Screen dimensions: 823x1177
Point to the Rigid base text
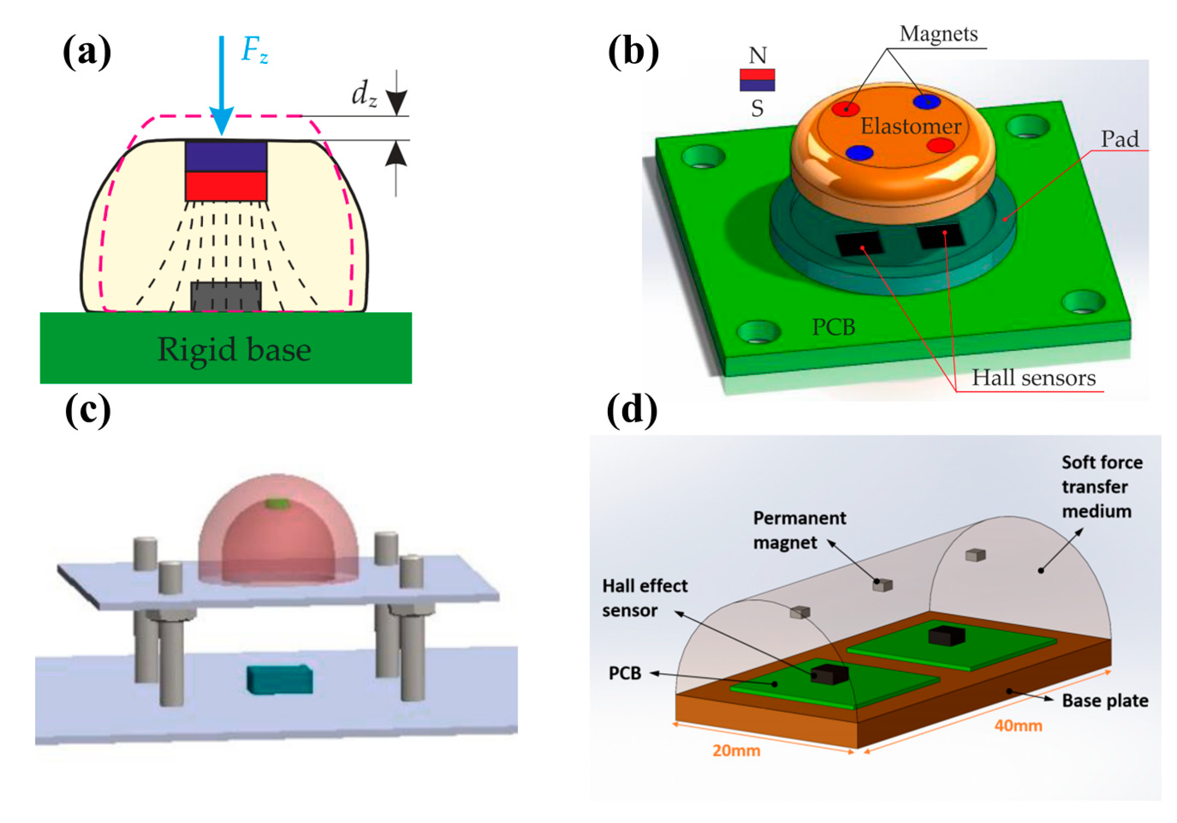(x=234, y=349)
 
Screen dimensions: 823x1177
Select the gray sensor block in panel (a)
(x=226, y=296)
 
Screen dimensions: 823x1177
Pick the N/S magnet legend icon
(x=757, y=80)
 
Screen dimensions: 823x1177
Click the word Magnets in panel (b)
(x=938, y=34)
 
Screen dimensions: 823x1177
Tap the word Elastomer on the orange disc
(x=910, y=126)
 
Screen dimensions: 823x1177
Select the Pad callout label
(x=1120, y=139)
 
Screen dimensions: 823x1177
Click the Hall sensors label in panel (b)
(x=1033, y=378)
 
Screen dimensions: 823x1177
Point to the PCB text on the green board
(x=834, y=327)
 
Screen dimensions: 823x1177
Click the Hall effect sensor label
(x=644, y=598)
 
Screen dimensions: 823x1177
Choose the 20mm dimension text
(x=736, y=751)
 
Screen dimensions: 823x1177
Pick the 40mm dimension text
(x=1018, y=726)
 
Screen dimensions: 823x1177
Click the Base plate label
(x=1105, y=700)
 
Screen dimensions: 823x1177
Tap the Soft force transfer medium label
(x=1101, y=487)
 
